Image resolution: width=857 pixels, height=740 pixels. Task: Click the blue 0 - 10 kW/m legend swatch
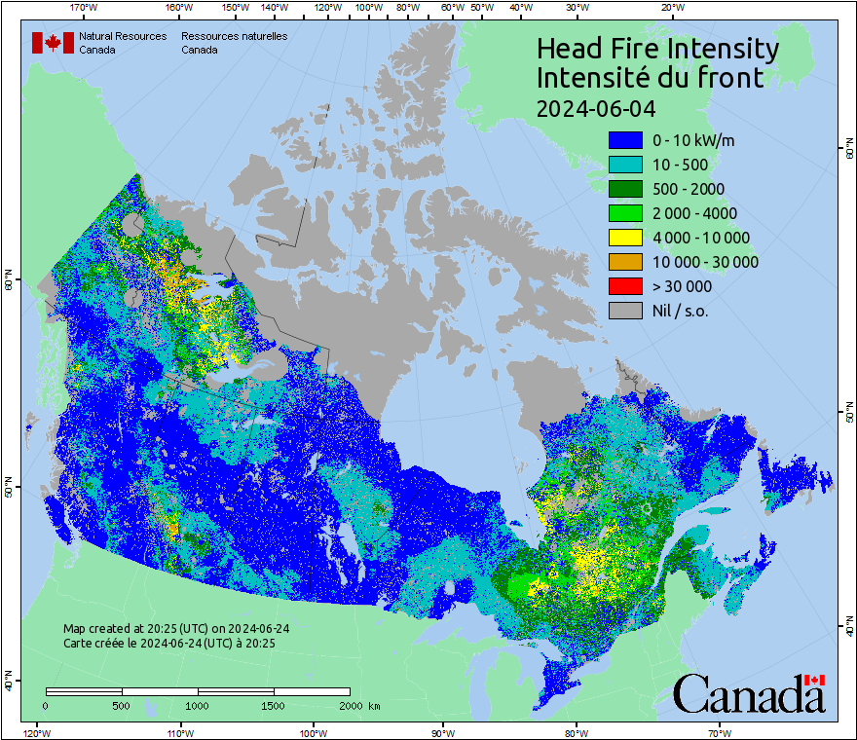[624, 140]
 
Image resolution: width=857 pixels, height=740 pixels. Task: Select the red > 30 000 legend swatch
[624, 286]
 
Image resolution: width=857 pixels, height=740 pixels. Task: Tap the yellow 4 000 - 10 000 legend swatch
[624, 238]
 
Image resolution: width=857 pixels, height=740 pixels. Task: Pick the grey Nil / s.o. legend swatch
[624, 311]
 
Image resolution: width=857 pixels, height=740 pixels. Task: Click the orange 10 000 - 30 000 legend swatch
[624, 262]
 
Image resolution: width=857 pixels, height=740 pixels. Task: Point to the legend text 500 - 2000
[689, 189]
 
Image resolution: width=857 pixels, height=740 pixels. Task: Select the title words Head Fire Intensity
[657, 49]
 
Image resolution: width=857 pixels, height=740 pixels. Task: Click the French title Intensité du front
[651, 78]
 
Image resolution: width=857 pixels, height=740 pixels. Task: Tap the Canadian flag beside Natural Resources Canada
[53, 43]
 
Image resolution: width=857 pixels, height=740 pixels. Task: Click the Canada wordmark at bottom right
[749, 693]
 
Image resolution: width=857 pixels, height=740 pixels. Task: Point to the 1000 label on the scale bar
[198, 705]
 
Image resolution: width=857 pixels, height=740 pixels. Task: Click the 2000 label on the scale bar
[352, 705]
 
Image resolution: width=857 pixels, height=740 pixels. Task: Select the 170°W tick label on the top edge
[85, 8]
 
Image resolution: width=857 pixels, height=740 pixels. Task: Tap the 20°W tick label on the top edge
[671, 8]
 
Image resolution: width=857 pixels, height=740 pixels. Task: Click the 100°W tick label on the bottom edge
[313, 732]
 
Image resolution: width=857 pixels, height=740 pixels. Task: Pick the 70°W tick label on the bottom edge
[720, 732]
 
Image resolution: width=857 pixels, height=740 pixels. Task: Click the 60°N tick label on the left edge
[9, 283]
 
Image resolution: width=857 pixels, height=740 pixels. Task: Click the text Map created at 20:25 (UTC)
[175, 629]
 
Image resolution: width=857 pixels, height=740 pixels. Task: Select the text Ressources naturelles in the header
[234, 36]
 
